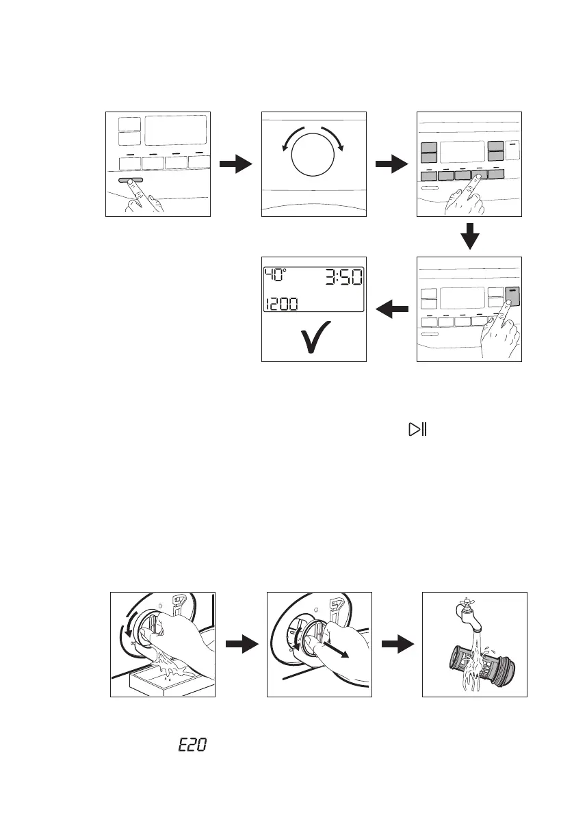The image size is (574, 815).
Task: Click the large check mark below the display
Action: [x=315, y=337]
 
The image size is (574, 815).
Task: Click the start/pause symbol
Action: [x=417, y=430]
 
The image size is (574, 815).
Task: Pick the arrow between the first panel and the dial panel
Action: [x=235, y=164]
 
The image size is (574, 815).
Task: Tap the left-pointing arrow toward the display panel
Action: [x=393, y=311]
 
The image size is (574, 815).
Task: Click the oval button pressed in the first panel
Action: [x=130, y=180]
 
